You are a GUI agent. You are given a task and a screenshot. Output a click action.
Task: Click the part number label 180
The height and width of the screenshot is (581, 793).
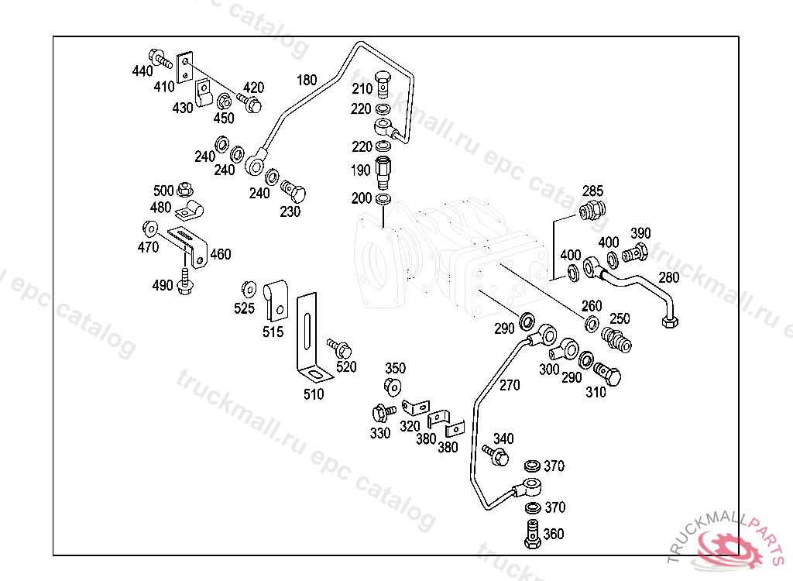click(307, 80)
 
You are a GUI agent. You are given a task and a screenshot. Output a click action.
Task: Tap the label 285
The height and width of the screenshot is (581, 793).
click(592, 191)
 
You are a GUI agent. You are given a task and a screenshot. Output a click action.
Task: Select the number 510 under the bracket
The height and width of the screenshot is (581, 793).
click(314, 394)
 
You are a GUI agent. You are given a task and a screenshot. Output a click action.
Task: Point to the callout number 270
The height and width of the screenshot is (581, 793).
click(510, 385)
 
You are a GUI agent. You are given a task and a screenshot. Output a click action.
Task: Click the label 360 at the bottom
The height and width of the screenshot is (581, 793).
click(554, 534)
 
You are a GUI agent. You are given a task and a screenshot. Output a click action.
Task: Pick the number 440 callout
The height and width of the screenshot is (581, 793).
click(142, 71)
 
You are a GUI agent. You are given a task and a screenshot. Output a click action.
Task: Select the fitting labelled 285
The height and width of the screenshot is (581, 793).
click(592, 210)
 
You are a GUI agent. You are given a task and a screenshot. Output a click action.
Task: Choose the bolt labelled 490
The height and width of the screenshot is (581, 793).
click(184, 282)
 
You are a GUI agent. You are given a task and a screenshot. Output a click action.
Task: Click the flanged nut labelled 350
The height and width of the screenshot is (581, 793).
click(393, 386)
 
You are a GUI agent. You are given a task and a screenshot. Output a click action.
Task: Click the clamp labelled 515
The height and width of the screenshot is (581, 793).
click(275, 300)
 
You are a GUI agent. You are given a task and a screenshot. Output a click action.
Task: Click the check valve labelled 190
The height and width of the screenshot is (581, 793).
click(383, 172)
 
